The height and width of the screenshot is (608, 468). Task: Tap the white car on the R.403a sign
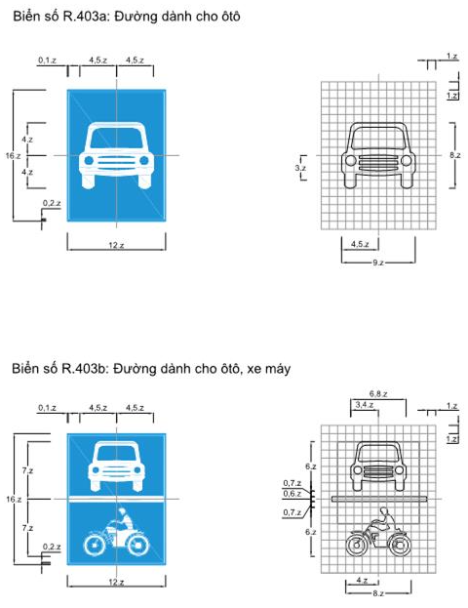point(116,155)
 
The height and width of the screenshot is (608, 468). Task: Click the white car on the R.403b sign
point(116,466)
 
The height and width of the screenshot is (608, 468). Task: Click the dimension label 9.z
point(375,263)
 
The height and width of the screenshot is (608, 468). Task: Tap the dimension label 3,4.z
point(362,403)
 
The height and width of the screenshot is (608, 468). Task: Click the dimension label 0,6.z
point(291,494)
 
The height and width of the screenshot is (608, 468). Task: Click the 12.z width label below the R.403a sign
point(116,245)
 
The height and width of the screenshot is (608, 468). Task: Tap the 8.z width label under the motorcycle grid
point(375,592)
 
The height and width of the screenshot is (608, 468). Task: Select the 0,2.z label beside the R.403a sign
point(51,203)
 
